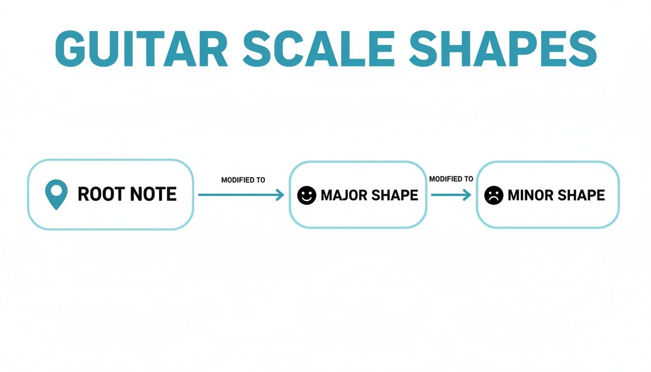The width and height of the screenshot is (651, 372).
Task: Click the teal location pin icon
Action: click(56, 194)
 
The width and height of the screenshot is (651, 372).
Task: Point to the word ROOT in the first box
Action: click(101, 194)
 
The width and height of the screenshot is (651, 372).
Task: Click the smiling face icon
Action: click(306, 195)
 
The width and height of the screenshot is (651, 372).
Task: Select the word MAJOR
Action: click(343, 195)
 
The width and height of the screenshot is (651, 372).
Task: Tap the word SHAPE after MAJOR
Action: click(394, 195)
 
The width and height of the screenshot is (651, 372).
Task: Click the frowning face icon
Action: click(494, 195)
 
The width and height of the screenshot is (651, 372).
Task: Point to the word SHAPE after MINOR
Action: click(581, 195)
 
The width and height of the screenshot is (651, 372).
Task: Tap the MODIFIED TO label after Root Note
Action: click(243, 180)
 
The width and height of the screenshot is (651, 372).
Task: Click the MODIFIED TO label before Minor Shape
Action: click(451, 179)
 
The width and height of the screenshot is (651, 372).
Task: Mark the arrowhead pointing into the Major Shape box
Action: click(280, 195)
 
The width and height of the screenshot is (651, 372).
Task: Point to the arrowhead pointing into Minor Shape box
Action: click(467, 195)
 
